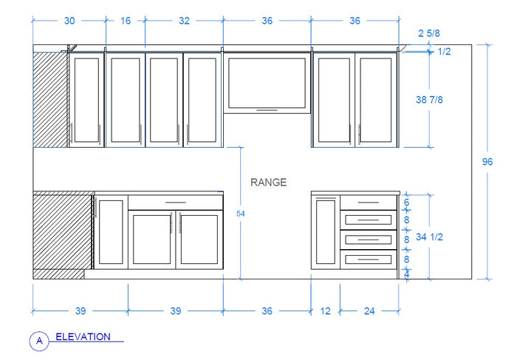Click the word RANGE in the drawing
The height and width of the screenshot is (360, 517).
point(268,183)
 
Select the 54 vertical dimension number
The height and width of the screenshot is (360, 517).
point(239,214)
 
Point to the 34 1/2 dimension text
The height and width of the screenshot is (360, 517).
point(431,237)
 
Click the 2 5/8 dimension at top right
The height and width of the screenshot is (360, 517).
point(429,34)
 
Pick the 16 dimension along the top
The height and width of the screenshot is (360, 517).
point(125,21)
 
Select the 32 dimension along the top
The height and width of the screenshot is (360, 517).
point(184,21)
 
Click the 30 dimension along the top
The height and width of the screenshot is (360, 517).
point(69,21)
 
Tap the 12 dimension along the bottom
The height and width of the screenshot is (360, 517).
point(326,311)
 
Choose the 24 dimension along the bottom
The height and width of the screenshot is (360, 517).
point(369,311)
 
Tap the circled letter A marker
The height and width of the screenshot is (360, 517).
point(38,341)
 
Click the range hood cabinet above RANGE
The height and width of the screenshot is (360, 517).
point(267,82)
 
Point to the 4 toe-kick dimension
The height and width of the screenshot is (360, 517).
point(405,274)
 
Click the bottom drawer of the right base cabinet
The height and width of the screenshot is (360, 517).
point(369,259)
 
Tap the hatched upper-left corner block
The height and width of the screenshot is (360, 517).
point(50,96)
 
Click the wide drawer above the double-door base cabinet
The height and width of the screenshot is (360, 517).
point(176,202)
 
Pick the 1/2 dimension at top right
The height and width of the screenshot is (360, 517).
point(445,51)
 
